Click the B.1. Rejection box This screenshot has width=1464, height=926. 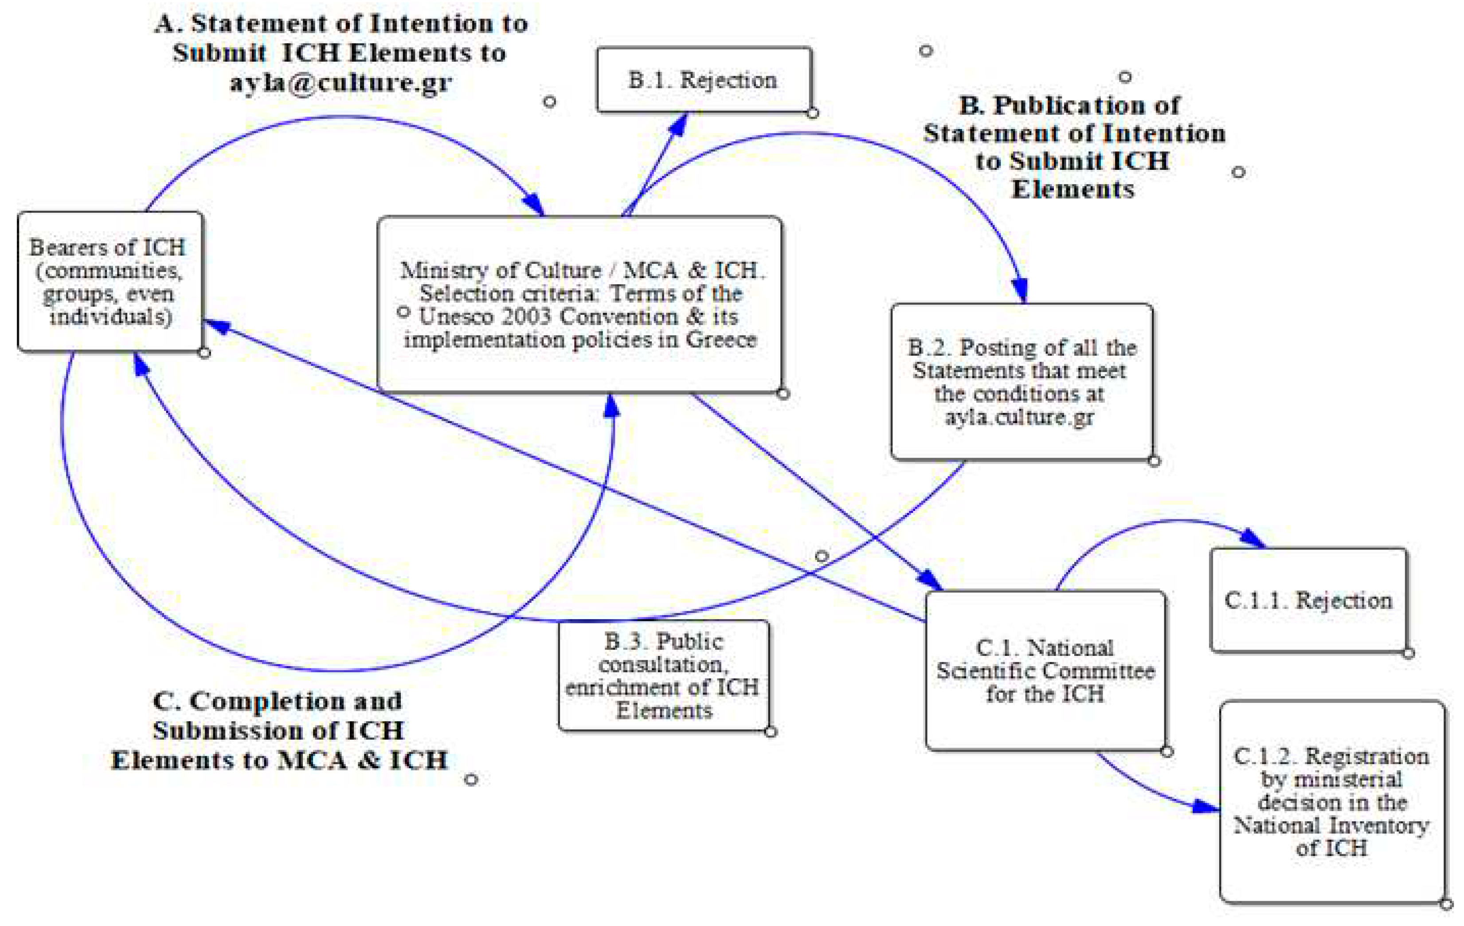704,80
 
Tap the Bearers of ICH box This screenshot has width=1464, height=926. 110,282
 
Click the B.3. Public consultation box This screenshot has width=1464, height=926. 663,675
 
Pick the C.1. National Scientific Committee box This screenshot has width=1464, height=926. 1045,671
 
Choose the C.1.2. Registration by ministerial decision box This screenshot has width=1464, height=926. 1331,801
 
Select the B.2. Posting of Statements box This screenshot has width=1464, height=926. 1022,382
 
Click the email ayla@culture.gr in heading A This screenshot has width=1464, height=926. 341,82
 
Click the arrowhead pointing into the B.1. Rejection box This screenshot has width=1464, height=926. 680,123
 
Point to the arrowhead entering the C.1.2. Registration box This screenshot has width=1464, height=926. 1206,806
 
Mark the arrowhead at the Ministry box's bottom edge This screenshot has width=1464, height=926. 611,405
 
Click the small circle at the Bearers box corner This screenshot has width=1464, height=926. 204,353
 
